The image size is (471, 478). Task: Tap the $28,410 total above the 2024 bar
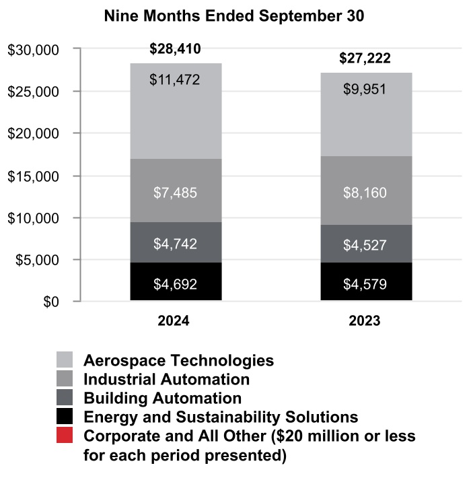(175, 49)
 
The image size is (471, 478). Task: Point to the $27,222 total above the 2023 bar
(364, 59)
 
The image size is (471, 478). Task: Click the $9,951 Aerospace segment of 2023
(364, 114)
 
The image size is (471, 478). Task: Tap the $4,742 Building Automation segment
(175, 242)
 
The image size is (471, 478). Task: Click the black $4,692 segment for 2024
(175, 283)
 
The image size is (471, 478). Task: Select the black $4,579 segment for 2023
(364, 283)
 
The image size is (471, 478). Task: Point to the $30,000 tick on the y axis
(34, 49)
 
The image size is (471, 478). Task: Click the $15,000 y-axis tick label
(34, 176)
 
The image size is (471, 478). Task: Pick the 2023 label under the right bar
(364, 321)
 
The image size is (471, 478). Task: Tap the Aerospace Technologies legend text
(178, 360)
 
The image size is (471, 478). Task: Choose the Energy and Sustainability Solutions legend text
(221, 417)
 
